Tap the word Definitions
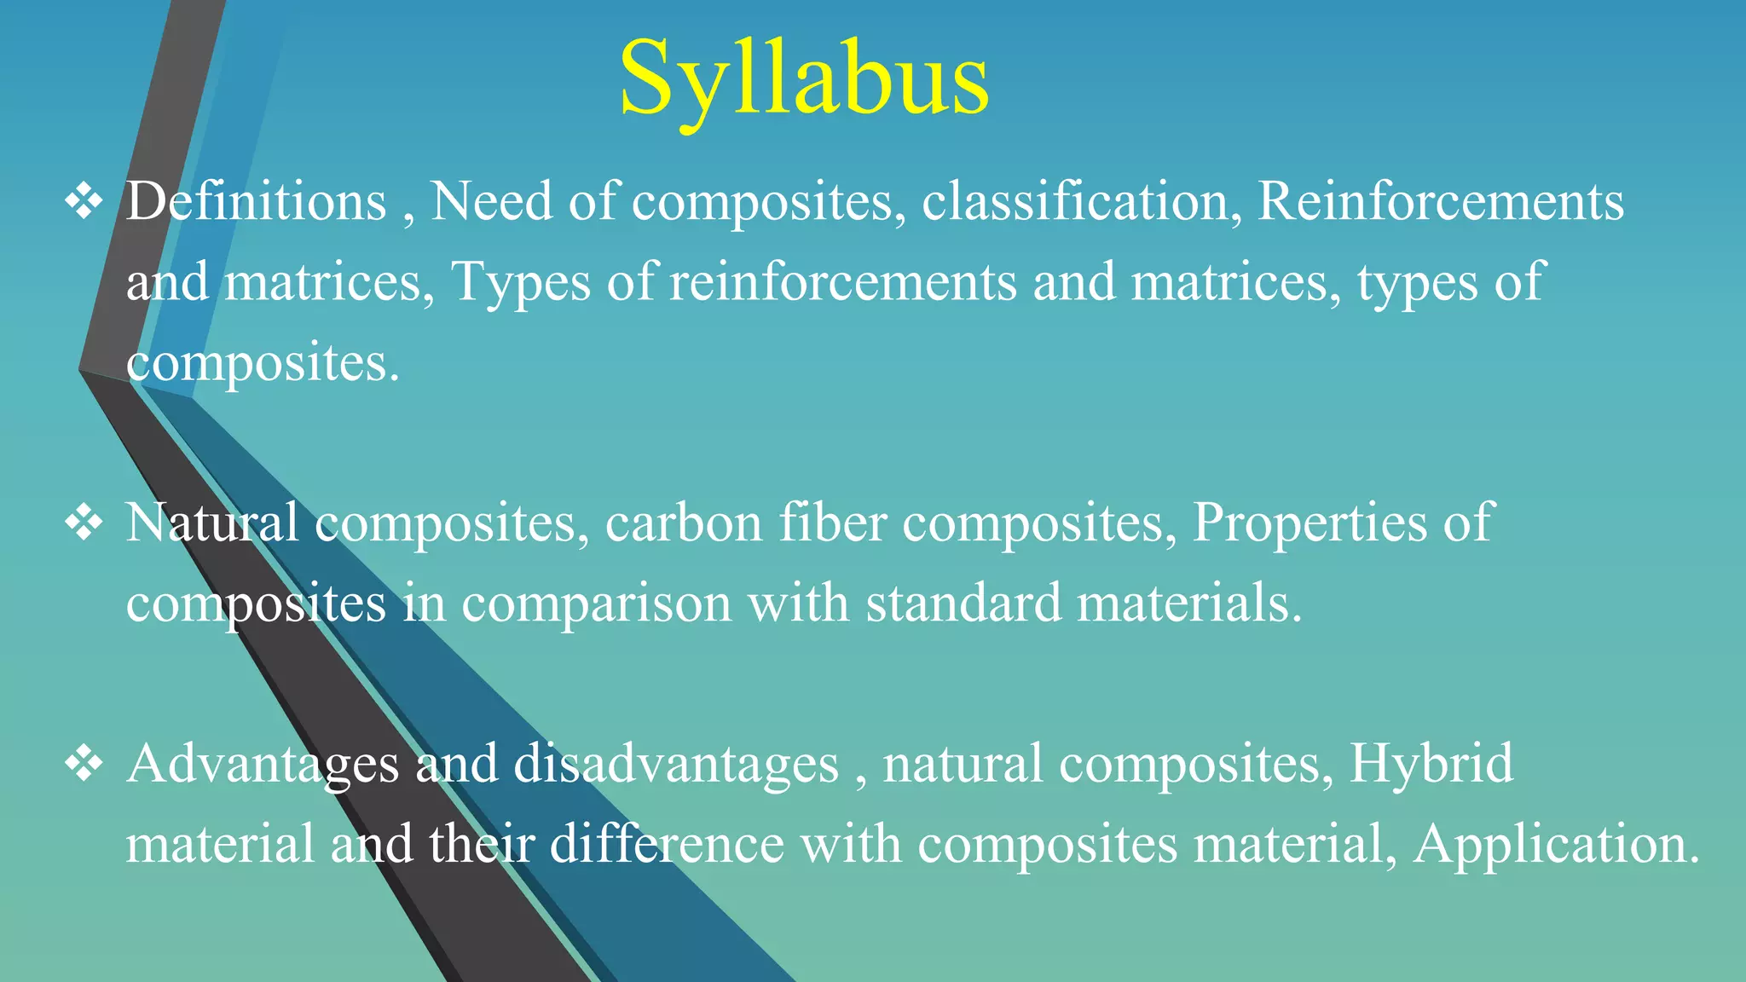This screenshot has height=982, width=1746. tap(256, 202)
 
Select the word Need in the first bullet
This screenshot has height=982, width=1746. tap(491, 202)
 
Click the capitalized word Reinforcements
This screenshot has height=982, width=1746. tap(1441, 202)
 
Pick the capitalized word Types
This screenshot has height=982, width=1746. tap(520, 283)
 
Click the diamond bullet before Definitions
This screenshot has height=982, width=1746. tap(84, 203)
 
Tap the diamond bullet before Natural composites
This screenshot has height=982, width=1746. tap(84, 523)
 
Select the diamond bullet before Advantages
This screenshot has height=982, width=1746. tap(84, 763)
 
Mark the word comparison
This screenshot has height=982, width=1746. tap(596, 604)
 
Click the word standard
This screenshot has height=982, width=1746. tap(963, 603)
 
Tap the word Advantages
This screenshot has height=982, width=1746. tap(263, 765)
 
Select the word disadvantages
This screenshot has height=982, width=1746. tap(676, 763)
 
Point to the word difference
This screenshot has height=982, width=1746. tap(667, 844)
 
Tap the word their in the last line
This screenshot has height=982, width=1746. tap(482, 844)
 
